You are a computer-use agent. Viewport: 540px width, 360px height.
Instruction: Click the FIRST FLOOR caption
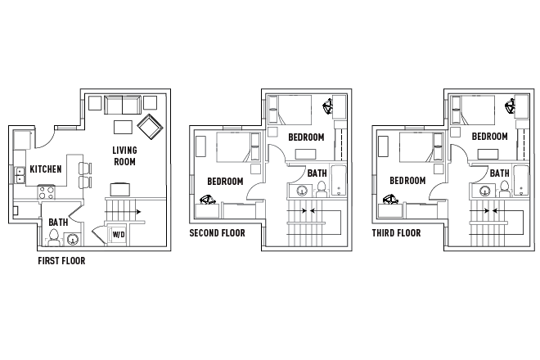[61, 262]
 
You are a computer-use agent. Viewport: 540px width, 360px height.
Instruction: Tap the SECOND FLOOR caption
[217, 233]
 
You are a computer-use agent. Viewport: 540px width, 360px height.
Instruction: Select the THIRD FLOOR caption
[396, 233]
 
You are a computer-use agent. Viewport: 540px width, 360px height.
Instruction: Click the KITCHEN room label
[46, 169]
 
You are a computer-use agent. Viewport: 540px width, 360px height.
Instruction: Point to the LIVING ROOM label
[124, 155]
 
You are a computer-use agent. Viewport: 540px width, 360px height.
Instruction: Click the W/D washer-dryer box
[118, 235]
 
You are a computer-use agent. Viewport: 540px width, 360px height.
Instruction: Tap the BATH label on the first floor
[58, 222]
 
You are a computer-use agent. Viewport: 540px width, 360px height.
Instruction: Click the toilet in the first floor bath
[54, 237]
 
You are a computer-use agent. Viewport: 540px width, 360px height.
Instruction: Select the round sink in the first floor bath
[73, 239]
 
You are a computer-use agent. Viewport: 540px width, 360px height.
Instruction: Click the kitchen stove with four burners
[47, 193]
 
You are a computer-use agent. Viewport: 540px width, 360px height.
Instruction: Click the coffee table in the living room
[124, 127]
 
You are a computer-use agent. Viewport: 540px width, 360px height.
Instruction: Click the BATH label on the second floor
[317, 173]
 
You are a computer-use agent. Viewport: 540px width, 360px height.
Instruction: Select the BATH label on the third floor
[499, 173]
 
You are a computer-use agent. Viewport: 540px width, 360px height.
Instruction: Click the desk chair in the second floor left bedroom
[209, 199]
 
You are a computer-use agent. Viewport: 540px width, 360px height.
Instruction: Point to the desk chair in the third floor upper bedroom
[512, 106]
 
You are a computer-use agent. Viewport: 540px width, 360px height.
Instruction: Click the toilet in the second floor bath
[322, 190]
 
